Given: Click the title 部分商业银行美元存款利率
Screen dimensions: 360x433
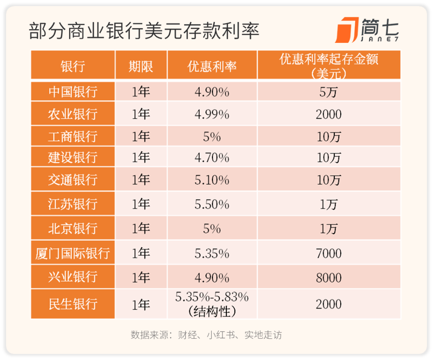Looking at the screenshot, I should pos(144,31).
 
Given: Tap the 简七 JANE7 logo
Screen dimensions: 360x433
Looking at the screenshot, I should pos(366,30).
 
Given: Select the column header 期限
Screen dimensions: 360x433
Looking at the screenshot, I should pos(141,65).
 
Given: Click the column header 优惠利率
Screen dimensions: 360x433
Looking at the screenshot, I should pos(212,65).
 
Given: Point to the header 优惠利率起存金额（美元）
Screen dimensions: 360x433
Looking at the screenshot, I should pos(329,65).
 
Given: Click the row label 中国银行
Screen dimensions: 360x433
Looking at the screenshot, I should pos(73,92).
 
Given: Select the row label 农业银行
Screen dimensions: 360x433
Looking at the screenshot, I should pos(73,114).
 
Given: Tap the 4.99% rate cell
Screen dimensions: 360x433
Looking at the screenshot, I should pos(212,114).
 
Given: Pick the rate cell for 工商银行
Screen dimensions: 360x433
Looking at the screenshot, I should pos(212,137).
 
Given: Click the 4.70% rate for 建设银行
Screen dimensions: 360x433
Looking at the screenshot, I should pos(212,158).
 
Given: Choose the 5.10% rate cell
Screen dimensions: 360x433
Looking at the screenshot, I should pos(212,180).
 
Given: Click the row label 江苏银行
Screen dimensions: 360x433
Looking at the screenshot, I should pos(73,204).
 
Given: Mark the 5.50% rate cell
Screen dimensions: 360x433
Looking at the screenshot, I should pos(212,204).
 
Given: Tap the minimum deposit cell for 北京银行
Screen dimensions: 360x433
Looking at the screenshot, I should pos(329,229).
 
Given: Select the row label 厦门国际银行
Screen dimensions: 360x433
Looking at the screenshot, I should pos(73,253).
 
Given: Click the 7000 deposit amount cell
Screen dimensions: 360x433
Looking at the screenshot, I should pos(329,253).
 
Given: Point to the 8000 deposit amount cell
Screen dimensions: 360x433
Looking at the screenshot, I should pos(329,277).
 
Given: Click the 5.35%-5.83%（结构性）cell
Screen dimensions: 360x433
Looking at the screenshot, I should pos(212,304).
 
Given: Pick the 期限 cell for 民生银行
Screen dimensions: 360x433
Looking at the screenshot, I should pos(141,304).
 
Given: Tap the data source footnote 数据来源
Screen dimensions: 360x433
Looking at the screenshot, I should pos(206,335).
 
